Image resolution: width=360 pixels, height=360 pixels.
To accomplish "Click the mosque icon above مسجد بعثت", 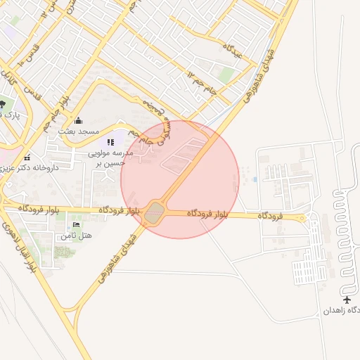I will [77, 120].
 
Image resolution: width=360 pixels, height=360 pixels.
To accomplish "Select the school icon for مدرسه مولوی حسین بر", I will [110, 142].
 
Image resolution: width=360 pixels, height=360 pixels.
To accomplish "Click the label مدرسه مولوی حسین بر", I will [107, 157].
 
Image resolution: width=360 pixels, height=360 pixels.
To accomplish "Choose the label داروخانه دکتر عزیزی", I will [35, 168].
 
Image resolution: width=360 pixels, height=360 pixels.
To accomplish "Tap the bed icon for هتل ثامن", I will [76, 225].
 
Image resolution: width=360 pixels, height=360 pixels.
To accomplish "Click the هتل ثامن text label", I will [76, 235].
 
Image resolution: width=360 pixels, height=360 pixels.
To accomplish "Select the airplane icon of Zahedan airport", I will [346, 300].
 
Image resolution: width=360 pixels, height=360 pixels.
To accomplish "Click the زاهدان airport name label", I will [343, 310].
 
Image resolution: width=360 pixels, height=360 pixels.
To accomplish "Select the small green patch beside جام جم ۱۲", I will [226, 75].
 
